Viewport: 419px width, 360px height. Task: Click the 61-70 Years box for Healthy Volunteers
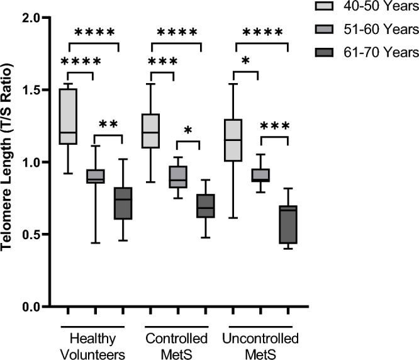(123, 203)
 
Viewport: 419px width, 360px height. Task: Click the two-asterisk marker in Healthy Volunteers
(109, 125)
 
